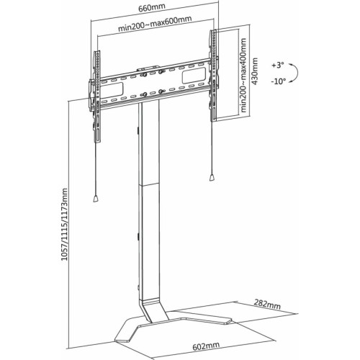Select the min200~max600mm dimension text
click(155, 24)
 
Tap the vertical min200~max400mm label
click(243, 75)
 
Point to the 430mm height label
click(255, 71)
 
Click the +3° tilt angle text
click(278, 66)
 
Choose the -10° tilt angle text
click(279, 81)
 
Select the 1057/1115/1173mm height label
click(64, 225)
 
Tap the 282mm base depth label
click(267, 304)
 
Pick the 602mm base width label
click(206, 346)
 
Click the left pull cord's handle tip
click(96, 199)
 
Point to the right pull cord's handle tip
click(212, 178)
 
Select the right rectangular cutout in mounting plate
click(194, 76)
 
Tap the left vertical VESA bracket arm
click(97, 97)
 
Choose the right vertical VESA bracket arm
click(213, 76)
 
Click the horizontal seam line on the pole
click(150, 184)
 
